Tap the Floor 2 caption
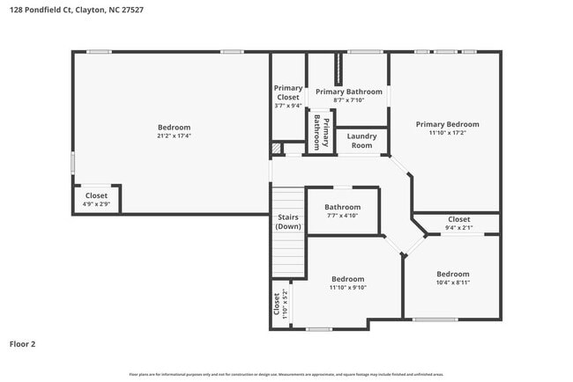pos(24,344)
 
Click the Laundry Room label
pos(361,141)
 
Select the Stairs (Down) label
pos(287,222)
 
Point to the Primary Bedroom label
pos(447,124)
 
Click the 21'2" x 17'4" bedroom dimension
pos(174,136)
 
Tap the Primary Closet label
pos(287,92)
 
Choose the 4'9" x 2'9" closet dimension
pos(96,204)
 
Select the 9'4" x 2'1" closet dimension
pos(458,228)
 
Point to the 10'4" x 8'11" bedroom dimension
pos(452,283)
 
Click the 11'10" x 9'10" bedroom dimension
pos(347,288)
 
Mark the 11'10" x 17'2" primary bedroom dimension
pos(447,133)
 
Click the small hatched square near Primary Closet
pos(276,149)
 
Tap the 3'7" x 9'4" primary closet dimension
pos(287,106)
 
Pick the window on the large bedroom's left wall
pos(72,163)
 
